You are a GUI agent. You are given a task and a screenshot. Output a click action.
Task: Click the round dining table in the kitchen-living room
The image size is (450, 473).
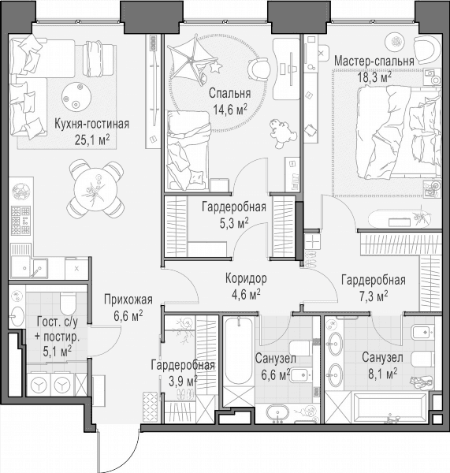95,189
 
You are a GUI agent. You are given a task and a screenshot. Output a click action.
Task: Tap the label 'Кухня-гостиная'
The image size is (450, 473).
91,124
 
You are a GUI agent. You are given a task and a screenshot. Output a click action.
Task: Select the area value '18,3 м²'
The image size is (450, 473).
374,77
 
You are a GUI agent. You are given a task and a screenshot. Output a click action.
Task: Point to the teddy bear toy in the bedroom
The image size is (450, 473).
281,133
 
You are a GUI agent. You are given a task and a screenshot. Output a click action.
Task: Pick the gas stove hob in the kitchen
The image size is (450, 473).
20,221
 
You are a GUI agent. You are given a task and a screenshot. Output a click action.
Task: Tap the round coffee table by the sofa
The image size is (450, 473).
76,96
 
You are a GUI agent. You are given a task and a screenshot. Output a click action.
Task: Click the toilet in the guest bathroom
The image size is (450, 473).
69,303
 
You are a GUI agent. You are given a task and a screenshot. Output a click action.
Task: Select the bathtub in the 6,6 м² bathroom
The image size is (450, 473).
239,351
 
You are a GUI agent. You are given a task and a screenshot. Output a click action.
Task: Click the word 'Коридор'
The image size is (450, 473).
246,279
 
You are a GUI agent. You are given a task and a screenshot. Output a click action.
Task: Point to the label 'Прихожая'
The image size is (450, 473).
128,300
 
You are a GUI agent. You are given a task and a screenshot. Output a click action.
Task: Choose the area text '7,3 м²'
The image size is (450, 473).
374,296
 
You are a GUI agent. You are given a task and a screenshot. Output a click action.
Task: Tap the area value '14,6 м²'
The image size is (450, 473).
230,110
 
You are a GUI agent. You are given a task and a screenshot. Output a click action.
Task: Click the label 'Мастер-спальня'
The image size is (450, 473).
374,61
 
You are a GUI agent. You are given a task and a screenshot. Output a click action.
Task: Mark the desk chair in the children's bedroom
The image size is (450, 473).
258,69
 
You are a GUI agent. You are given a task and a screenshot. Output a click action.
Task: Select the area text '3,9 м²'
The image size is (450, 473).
183,382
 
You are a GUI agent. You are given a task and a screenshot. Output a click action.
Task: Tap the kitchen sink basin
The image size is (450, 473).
30,267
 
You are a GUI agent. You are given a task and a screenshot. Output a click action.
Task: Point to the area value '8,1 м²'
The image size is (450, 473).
382,374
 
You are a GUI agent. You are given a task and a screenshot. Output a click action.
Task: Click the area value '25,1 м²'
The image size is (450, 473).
92,140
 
